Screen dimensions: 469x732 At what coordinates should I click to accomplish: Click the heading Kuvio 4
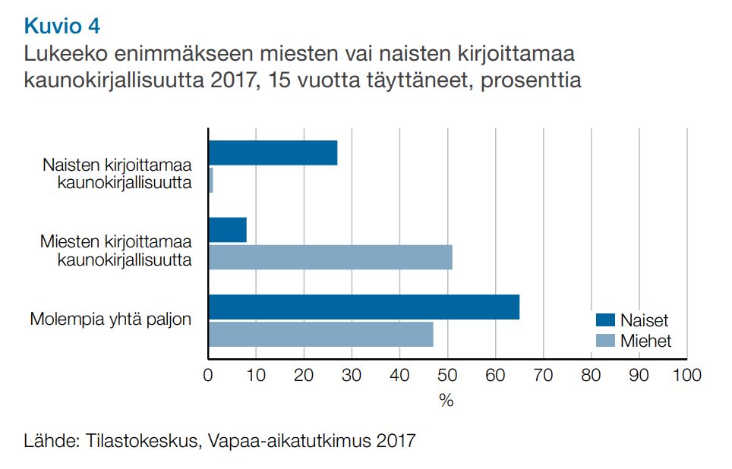62,27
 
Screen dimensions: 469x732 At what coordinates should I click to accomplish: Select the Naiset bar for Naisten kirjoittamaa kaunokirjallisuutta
273,153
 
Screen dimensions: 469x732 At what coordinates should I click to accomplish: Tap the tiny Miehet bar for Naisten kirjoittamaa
210,180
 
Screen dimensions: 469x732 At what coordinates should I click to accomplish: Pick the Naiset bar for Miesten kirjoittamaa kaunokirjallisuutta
228,230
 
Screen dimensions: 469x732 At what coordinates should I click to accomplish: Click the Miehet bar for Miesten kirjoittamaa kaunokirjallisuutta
330,257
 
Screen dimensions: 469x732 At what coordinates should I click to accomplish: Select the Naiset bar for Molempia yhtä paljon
364,307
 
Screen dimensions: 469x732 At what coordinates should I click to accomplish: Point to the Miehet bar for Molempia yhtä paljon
320,334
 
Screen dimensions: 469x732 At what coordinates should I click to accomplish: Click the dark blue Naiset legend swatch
604,320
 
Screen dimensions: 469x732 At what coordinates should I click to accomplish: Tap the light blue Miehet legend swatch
604,341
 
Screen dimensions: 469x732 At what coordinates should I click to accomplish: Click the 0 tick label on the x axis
208,375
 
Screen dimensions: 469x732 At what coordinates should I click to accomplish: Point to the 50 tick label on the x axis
447,375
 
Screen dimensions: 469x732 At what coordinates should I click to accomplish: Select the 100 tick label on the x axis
686,375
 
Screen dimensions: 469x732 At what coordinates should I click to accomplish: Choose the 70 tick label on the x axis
543,375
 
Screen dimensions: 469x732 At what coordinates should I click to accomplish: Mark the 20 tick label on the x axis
304,375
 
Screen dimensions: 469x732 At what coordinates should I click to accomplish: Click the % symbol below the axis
446,401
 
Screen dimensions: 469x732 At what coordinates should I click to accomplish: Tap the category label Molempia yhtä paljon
111,319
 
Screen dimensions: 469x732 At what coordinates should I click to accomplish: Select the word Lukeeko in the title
59,55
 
